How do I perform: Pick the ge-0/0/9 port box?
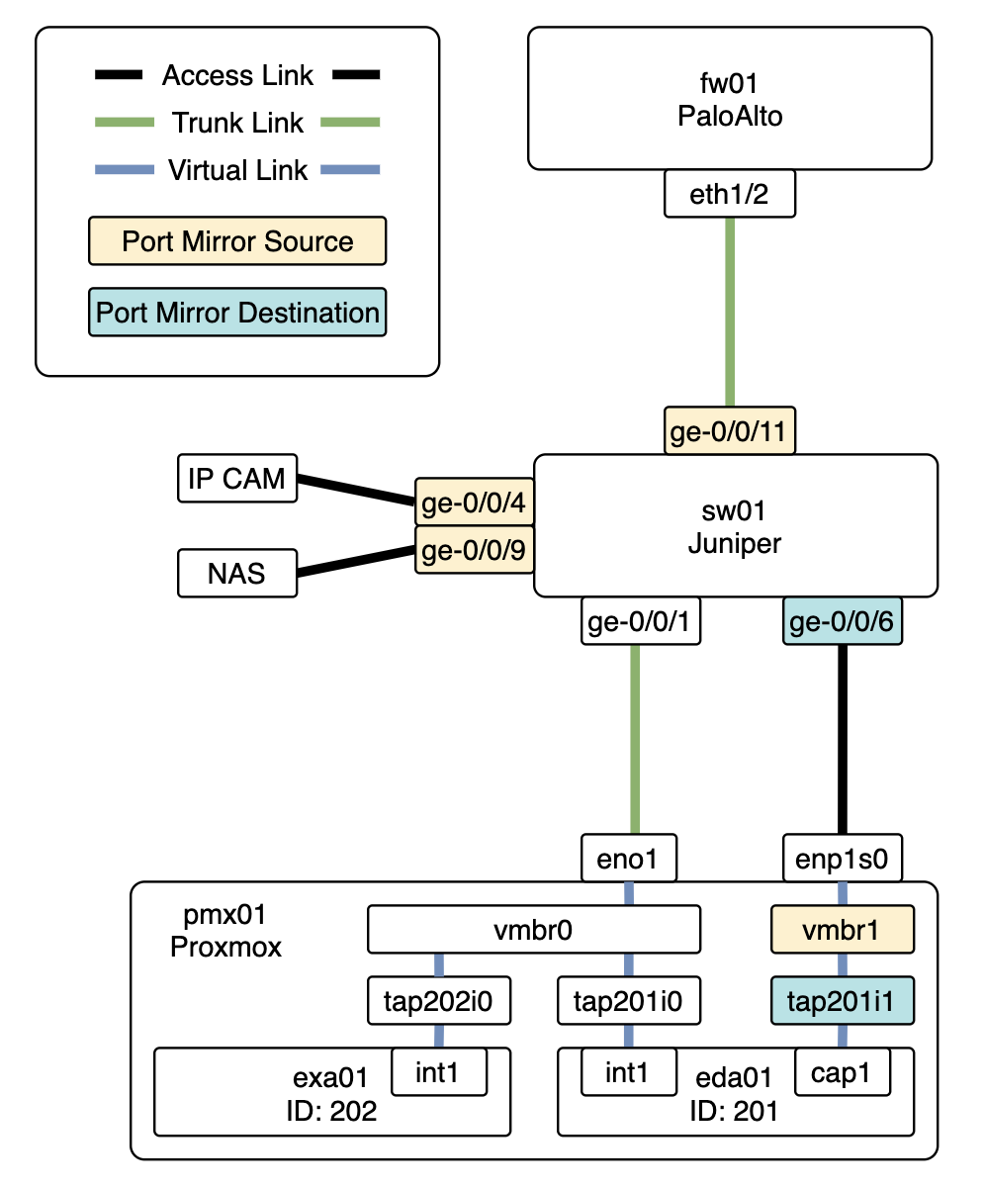(475, 548)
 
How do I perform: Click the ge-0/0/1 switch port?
(633, 622)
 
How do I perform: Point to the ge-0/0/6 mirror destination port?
(843, 622)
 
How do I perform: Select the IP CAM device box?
(236, 480)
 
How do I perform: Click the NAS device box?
(236, 574)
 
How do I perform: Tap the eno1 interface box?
(629, 859)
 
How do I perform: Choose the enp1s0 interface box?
(843, 859)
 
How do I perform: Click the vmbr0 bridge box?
(533, 929)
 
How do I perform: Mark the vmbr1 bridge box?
(842, 929)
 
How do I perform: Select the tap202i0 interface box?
(438, 1001)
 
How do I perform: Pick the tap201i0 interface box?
(628, 1001)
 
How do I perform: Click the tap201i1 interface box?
(842, 1001)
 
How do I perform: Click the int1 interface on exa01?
(439, 1071)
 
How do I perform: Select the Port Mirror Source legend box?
(237, 241)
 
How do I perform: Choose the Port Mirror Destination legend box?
(237, 313)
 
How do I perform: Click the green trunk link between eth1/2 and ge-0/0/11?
(730, 313)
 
